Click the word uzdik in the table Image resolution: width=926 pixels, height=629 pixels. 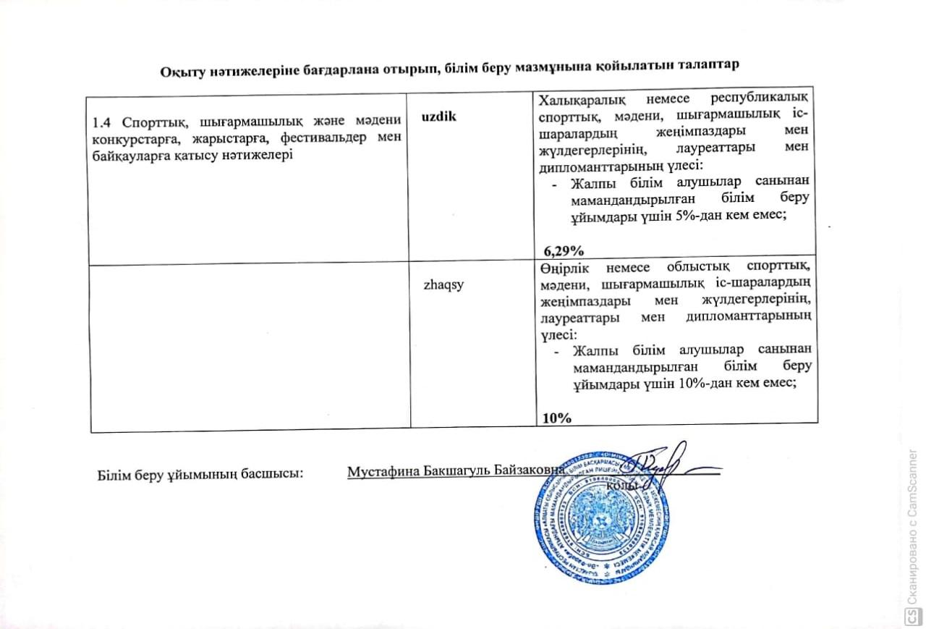[x=438, y=117]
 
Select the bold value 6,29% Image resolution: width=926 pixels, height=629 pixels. [x=564, y=251]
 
